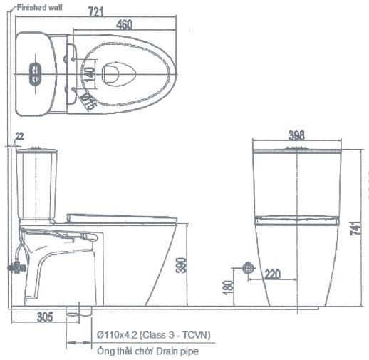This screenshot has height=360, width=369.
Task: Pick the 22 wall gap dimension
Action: (x=19, y=135)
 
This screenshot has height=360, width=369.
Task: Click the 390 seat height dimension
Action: (x=184, y=266)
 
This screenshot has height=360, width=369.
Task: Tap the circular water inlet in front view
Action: (x=248, y=267)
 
